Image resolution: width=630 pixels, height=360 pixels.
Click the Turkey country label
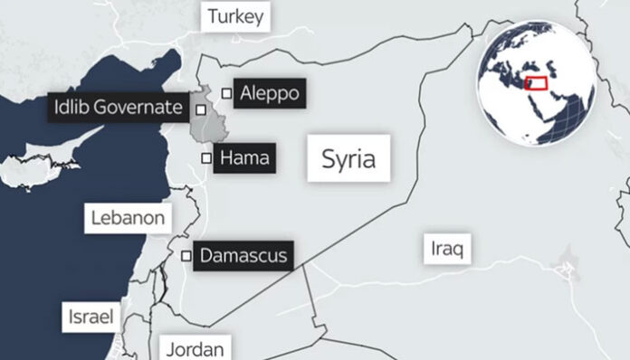235,16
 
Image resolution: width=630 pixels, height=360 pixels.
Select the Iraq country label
447,248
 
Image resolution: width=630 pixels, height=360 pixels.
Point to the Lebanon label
128,218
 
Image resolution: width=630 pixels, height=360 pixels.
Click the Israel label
91,317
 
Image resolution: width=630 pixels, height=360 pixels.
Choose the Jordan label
195,348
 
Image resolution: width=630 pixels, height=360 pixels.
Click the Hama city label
245,157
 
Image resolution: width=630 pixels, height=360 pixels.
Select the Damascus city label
243,256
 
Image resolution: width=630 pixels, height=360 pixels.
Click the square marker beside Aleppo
225,92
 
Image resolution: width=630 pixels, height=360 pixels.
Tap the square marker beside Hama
206,158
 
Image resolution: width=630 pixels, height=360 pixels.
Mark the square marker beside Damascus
186,256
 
